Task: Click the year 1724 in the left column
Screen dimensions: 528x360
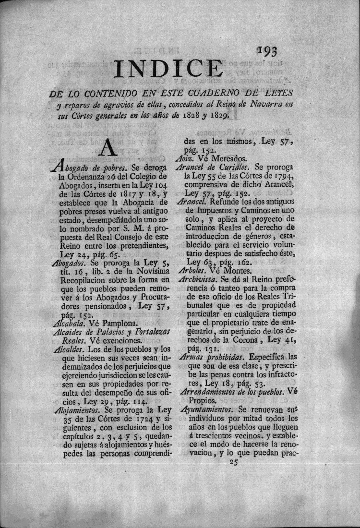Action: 142,420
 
